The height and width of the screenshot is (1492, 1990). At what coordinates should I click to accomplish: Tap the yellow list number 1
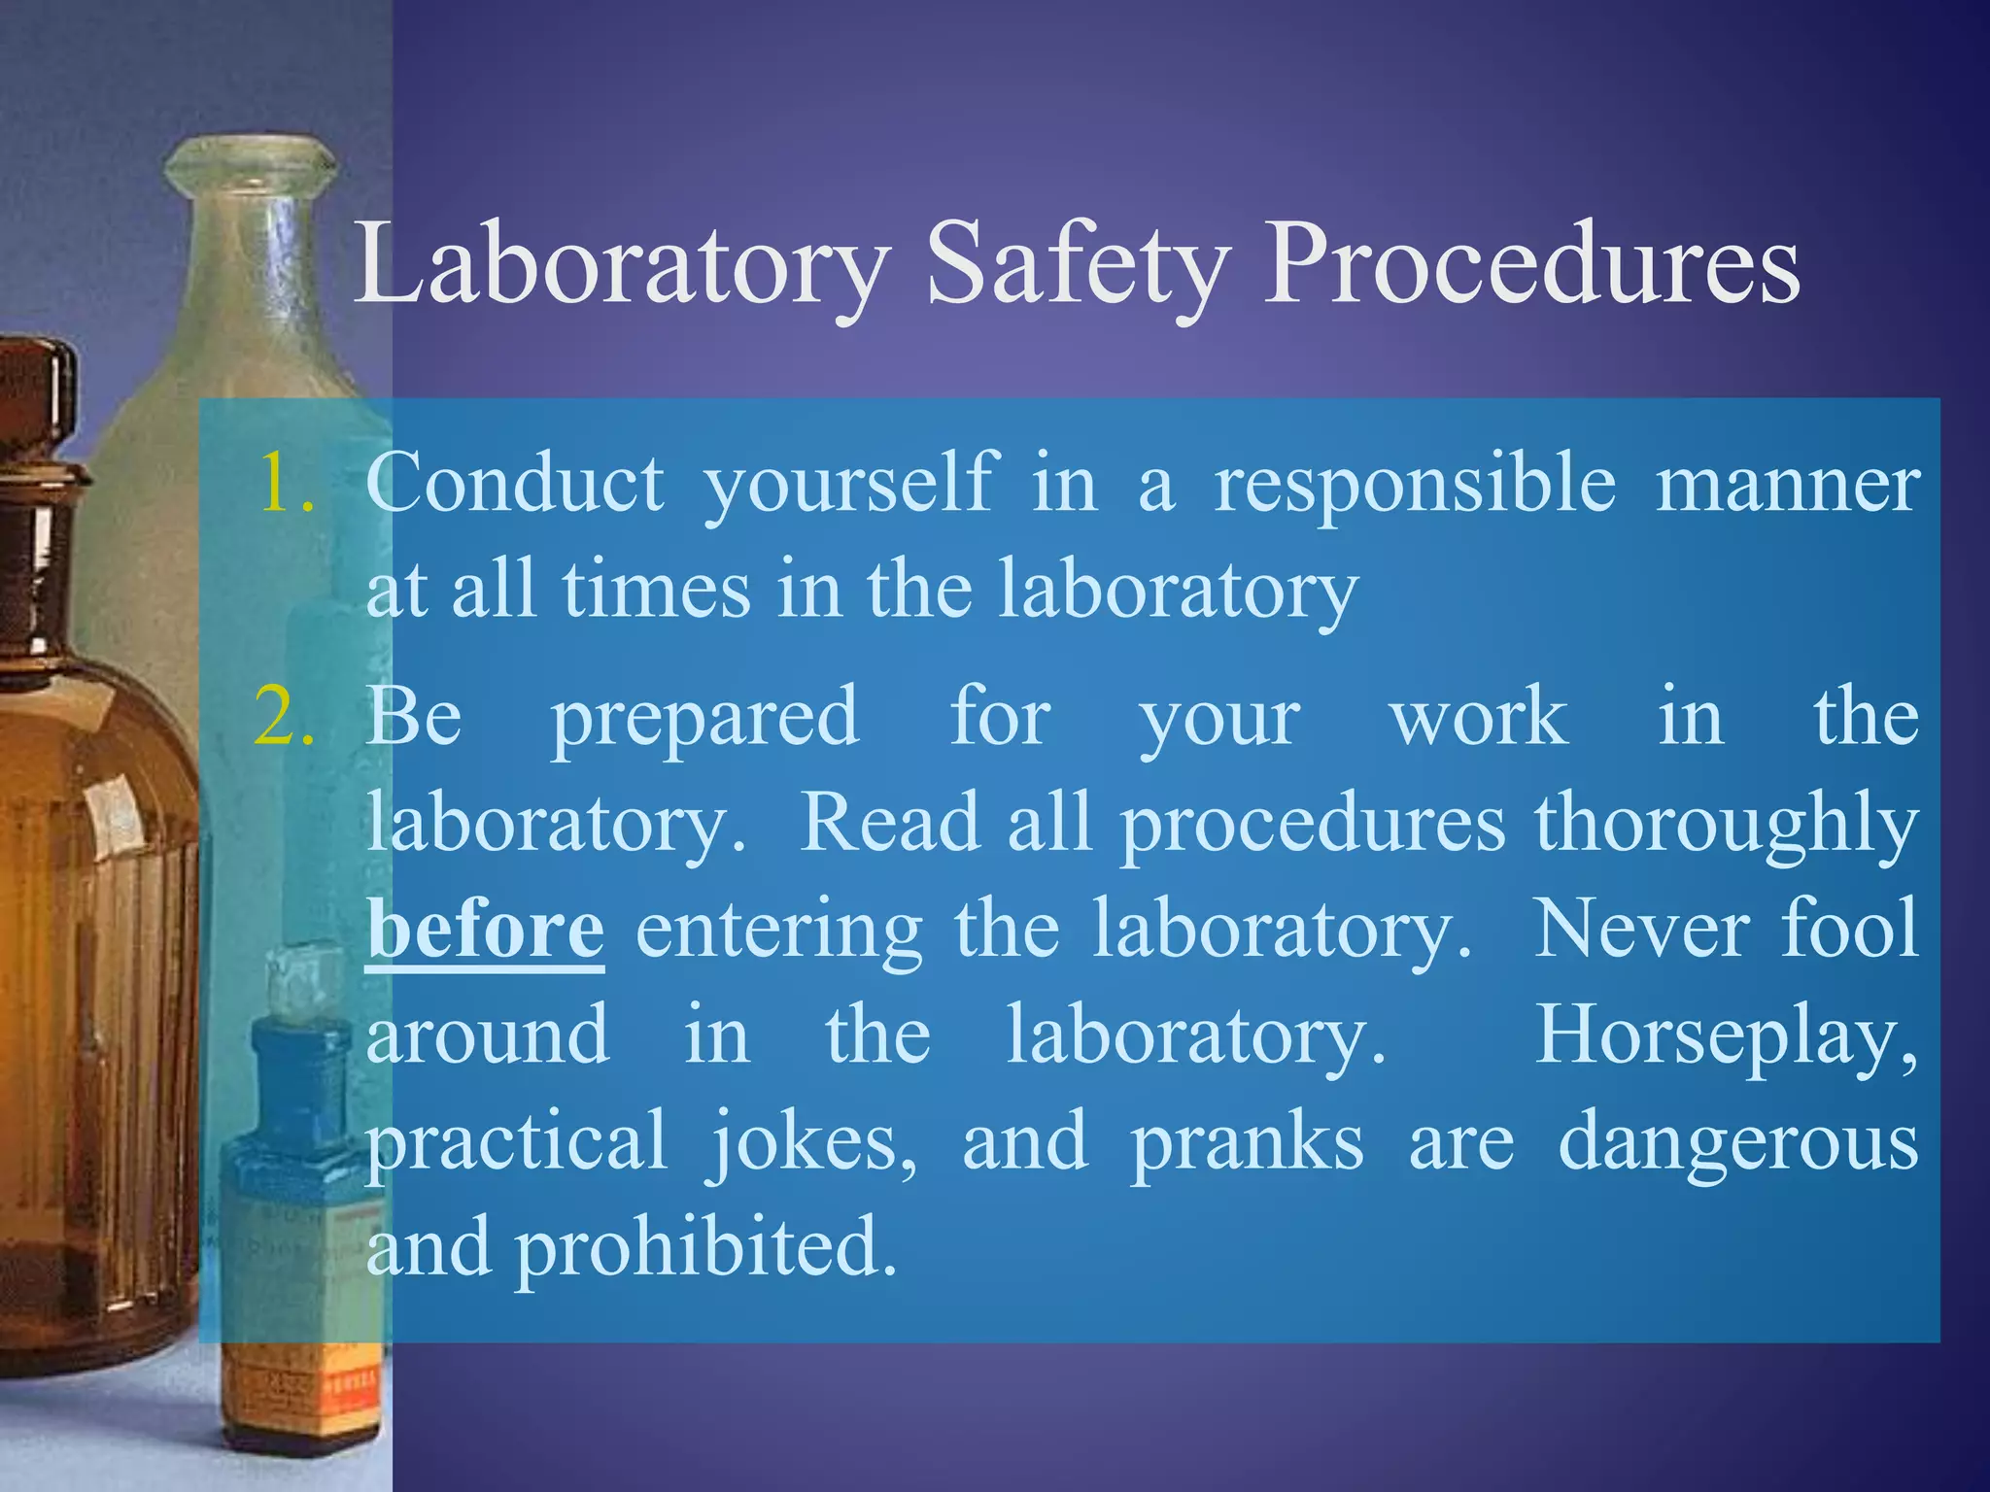tap(285, 483)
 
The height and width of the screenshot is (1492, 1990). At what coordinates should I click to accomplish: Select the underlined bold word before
tap(485, 930)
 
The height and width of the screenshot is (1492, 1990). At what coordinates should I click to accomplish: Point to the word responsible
tap(1415, 485)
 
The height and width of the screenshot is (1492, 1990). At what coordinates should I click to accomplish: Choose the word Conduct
tap(515, 483)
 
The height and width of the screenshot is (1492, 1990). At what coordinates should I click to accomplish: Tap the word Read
tap(888, 823)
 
